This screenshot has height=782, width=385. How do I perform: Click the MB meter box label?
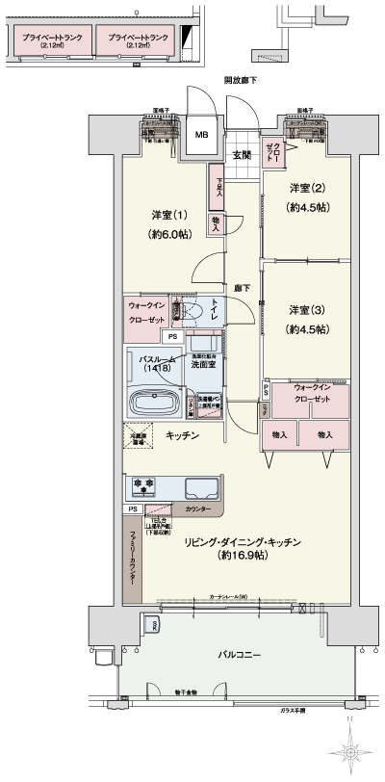coord(201,134)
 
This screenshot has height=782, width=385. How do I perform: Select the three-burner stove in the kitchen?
coord(143,486)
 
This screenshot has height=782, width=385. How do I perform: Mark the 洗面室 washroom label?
coord(202,365)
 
